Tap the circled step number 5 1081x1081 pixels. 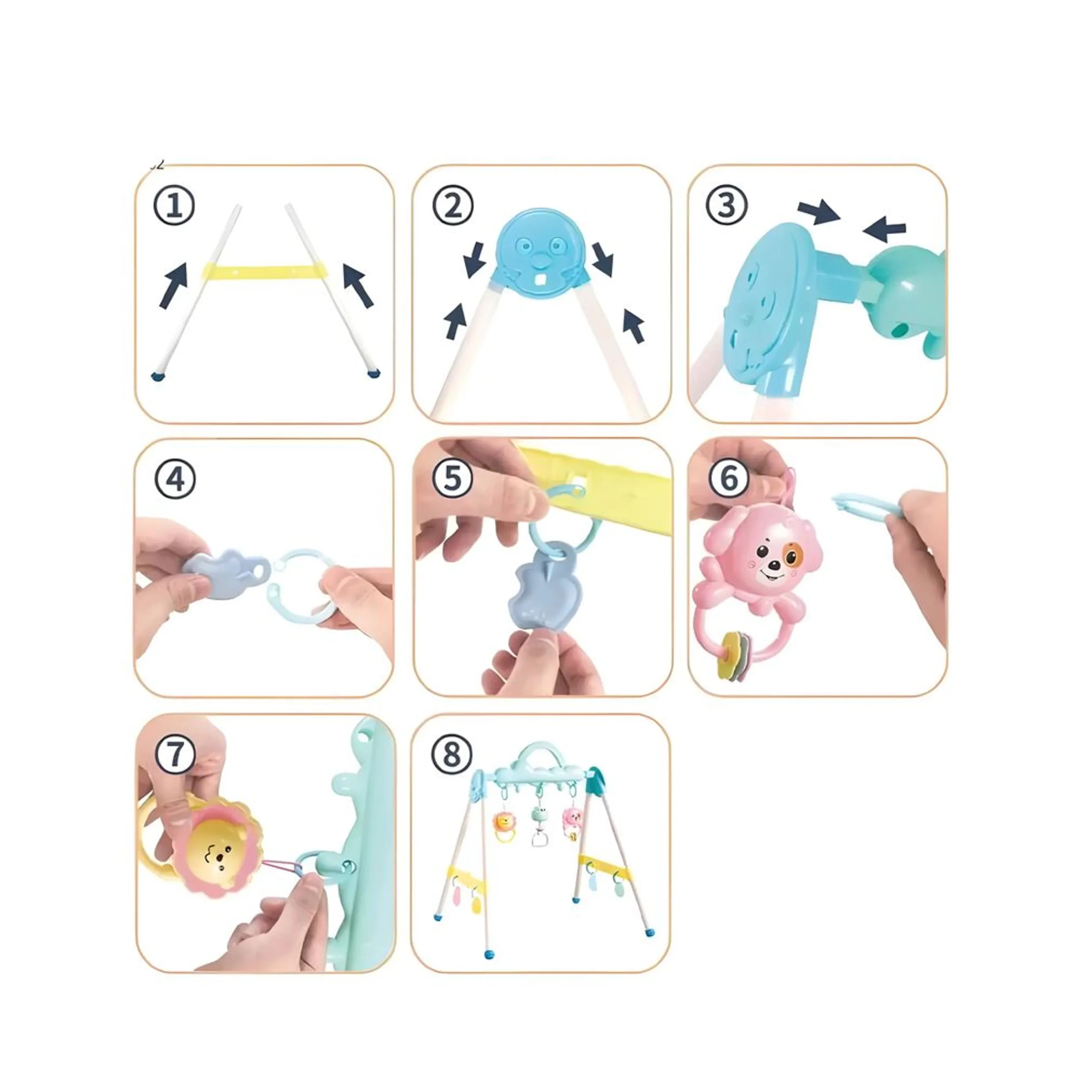click(x=452, y=478)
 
